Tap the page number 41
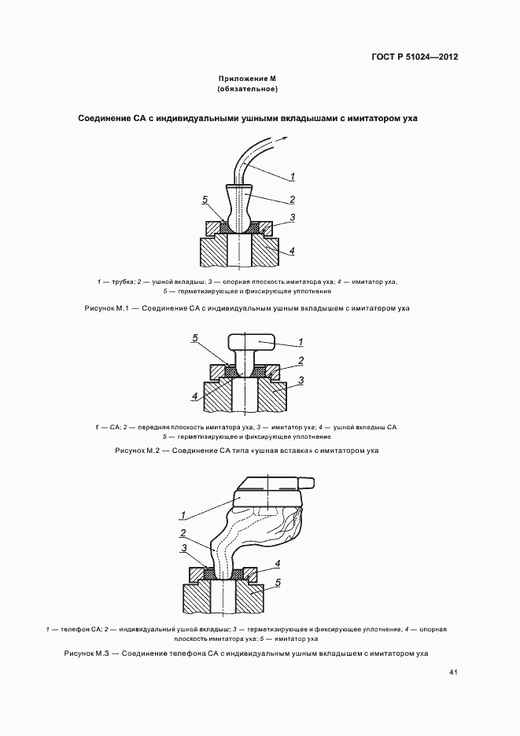coord(453,672)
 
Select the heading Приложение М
coord(248,79)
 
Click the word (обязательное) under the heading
coord(248,90)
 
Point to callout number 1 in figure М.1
coord(292,175)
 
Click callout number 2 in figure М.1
coord(292,199)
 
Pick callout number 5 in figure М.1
coord(204,199)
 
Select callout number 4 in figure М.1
coord(292,251)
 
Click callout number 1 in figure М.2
coord(301,343)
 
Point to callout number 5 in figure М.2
coord(195,338)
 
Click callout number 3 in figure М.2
coord(301,380)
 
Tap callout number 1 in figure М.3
coord(183,516)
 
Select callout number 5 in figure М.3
coord(277,584)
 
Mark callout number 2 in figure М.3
coord(183,532)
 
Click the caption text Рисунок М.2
coord(137,451)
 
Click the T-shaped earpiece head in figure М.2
coord(251,341)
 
